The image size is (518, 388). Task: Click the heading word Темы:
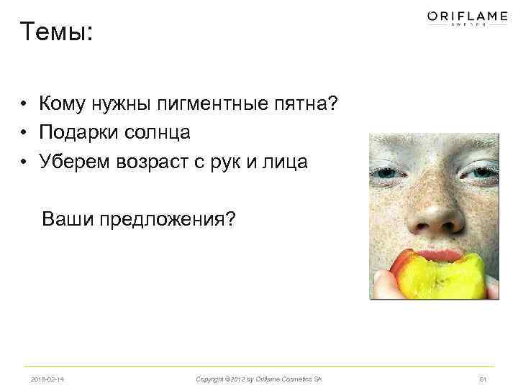(57, 32)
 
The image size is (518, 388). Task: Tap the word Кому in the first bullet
(64, 105)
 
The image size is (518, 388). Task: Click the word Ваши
(68, 217)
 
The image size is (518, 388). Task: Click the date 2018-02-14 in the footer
(49, 379)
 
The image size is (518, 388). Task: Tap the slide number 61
(483, 379)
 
